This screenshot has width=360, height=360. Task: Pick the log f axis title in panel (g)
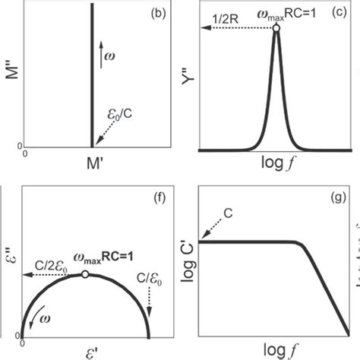click(x=273, y=351)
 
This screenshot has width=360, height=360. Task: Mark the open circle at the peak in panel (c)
click(x=277, y=29)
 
